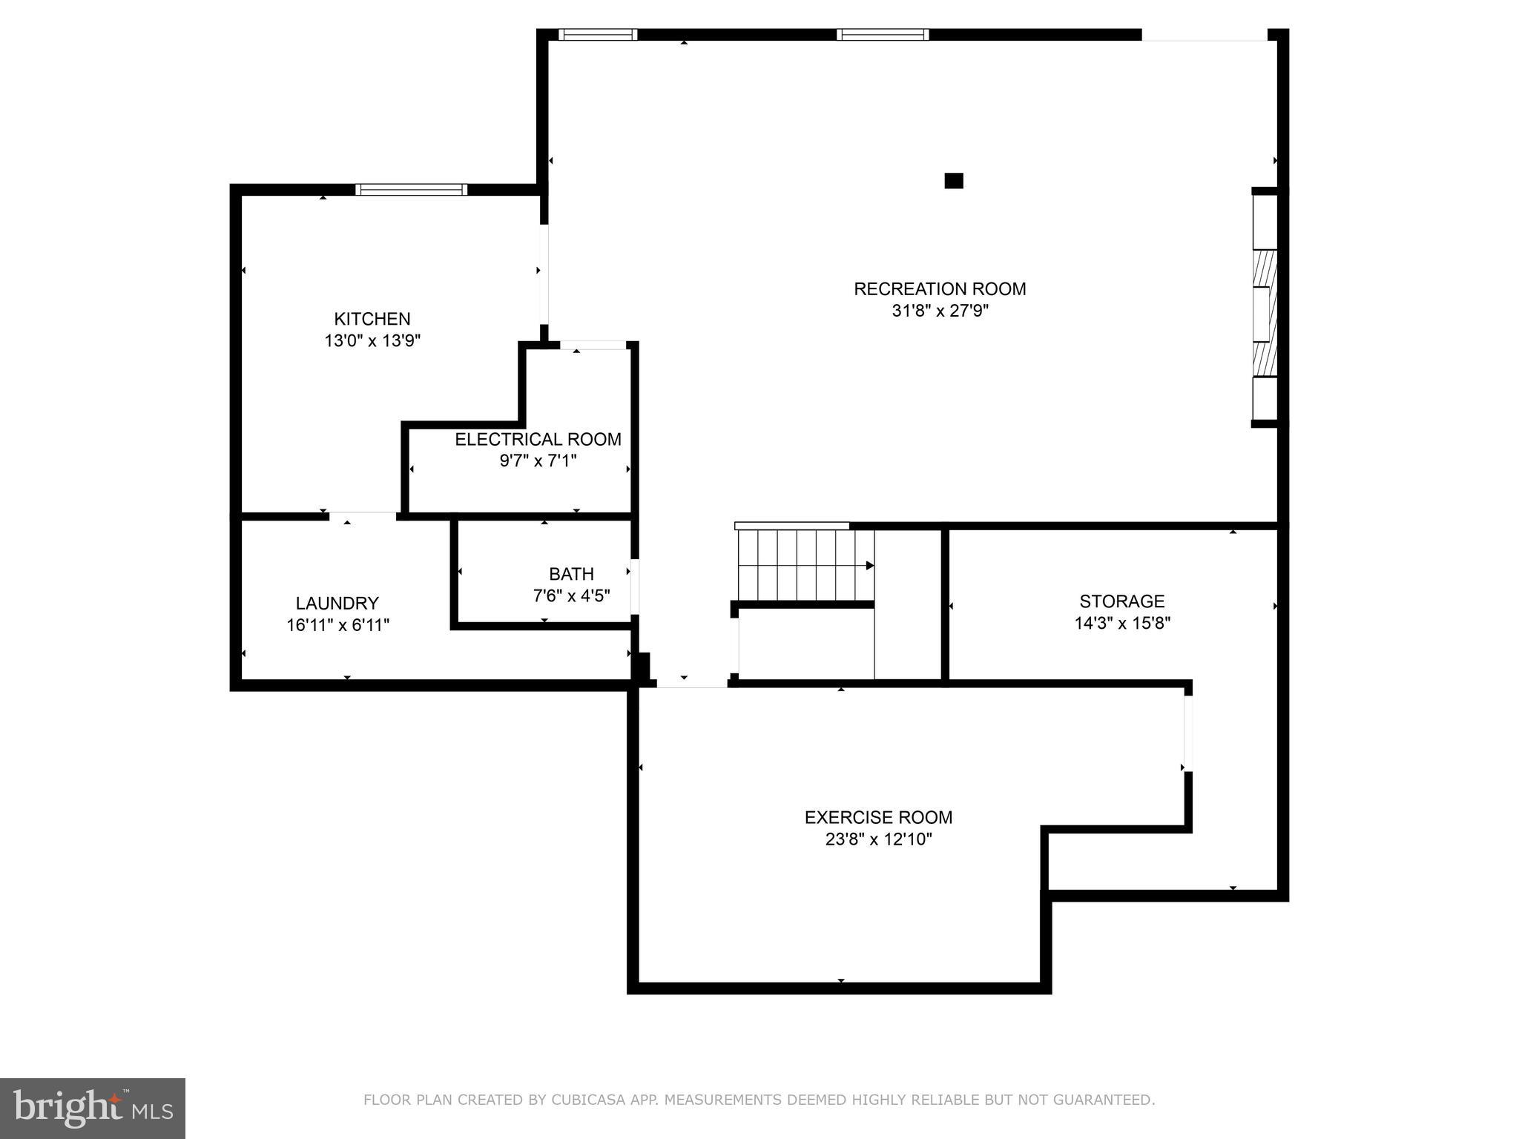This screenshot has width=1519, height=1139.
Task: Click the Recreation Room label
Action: [x=940, y=289]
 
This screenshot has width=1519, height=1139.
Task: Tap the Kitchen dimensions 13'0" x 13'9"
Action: [x=372, y=341]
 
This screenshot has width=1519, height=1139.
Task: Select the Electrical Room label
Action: [x=538, y=439]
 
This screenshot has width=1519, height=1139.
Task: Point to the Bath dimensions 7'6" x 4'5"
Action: [x=571, y=595]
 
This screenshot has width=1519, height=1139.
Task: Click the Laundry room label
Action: [x=337, y=603]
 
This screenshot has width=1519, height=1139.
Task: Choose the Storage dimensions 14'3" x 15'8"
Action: [x=1121, y=623]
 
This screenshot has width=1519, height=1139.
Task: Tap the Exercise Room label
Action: [x=878, y=817]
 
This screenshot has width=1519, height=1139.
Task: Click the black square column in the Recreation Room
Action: [x=953, y=180]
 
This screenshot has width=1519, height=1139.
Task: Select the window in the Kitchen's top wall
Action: [x=411, y=190]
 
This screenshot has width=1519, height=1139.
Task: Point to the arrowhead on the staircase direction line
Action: [x=870, y=566]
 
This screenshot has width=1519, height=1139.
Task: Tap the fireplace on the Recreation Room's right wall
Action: [x=1265, y=308]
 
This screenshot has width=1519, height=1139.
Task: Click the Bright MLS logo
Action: [x=92, y=1108]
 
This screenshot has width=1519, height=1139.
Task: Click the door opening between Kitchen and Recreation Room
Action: [x=544, y=274]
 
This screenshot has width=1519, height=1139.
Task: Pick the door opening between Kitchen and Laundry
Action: [x=363, y=515]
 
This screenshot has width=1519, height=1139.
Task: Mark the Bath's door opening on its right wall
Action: [x=634, y=587]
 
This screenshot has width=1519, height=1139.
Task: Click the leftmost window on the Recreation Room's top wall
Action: [x=598, y=34]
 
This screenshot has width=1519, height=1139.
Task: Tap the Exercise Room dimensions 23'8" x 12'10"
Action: [x=878, y=839]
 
